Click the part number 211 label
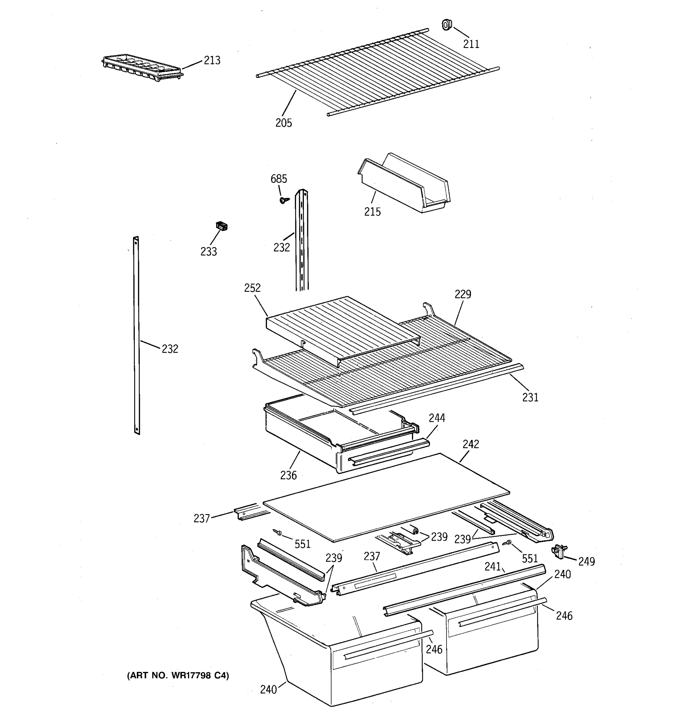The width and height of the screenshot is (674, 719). (471, 44)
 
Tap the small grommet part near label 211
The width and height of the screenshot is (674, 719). (447, 25)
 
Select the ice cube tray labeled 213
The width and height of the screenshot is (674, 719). (142, 68)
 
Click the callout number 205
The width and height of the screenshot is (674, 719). (283, 123)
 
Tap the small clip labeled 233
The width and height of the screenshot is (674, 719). (221, 226)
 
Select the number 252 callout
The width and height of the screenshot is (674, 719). (252, 288)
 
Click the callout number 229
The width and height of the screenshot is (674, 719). (463, 294)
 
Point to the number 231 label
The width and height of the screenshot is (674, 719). (530, 398)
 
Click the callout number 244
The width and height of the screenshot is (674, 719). (437, 418)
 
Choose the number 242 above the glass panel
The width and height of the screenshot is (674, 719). (470, 444)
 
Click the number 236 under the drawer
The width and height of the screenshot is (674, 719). (288, 475)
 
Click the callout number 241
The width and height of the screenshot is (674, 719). (492, 567)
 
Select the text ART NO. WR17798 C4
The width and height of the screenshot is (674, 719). (178, 675)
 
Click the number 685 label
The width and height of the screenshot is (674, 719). (279, 179)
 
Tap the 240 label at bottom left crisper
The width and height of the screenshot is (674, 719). (268, 690)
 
